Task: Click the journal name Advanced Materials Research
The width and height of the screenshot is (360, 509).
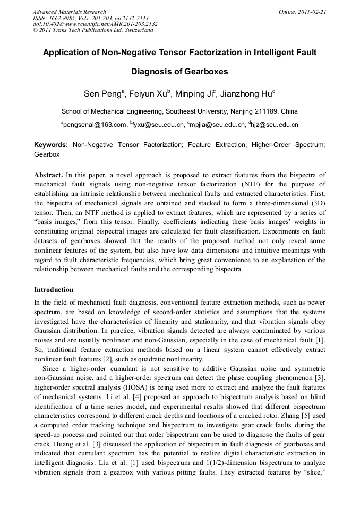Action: (x=69, y=12)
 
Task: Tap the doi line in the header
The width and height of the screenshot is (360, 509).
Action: (x=95, y=24)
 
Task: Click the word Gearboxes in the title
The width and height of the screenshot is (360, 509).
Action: (x=204, y=72)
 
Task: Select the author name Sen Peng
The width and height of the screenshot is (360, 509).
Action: (x=102, y=94)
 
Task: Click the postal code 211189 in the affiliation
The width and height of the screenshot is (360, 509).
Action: (x=268, y=111)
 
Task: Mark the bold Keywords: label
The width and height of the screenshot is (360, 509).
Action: (x=51, y=144)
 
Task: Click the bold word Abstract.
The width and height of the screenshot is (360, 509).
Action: (x=48, y=175)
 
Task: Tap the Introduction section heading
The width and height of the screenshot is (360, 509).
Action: (x=54, y=290)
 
